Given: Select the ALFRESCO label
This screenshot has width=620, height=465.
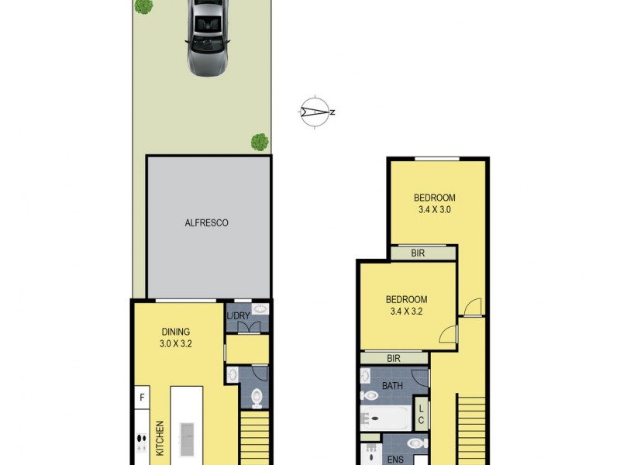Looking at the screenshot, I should click(206, 222).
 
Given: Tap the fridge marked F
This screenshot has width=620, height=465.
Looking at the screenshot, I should click(142, 398).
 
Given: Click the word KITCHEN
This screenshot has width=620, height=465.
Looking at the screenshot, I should click(160, 437).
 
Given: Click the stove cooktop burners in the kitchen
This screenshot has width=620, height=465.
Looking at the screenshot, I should click(142, 442).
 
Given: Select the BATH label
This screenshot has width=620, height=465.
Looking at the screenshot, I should click(393, 385).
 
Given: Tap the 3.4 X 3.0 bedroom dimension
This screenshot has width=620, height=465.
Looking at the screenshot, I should click(433, 209).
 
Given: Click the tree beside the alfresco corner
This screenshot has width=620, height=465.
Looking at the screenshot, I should click(260, 142).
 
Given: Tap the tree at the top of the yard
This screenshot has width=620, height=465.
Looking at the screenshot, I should click(143, 6).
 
